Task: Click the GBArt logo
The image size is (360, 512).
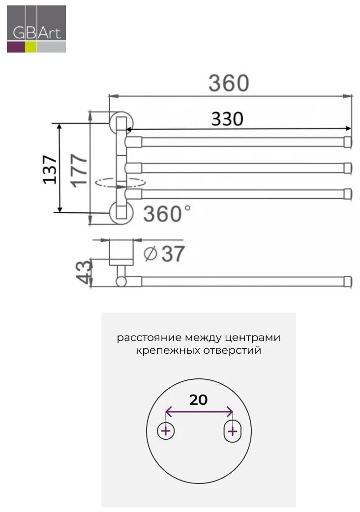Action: [x=36, y=28]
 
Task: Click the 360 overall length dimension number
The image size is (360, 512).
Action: [x=229, y=83]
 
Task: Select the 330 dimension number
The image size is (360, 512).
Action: [x=227, y=119]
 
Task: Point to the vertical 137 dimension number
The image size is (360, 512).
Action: [x=50, y=170]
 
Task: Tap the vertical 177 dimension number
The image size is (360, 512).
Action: [x=79, y=170]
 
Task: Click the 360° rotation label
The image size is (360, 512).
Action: [x=167, y=214]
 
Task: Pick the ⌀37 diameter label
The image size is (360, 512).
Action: [x=164, y=254]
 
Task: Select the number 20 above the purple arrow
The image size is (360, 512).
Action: [x=198, y=399]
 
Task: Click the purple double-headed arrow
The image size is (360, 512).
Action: [x=199, y=411]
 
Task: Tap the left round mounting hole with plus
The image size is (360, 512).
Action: [x=166, y=431]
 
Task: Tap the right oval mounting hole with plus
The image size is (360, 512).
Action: [x=232, y=431]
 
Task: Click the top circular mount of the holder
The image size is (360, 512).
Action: [x=121, y=122]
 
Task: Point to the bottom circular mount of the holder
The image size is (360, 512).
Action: [x=121, y=213]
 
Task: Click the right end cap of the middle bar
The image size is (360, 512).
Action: [x=348, y=168]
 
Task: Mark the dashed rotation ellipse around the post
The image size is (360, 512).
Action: [x=120, y=182]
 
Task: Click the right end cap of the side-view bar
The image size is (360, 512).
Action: [x=348, y=282]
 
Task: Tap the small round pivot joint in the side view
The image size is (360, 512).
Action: [x=121, y=281]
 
